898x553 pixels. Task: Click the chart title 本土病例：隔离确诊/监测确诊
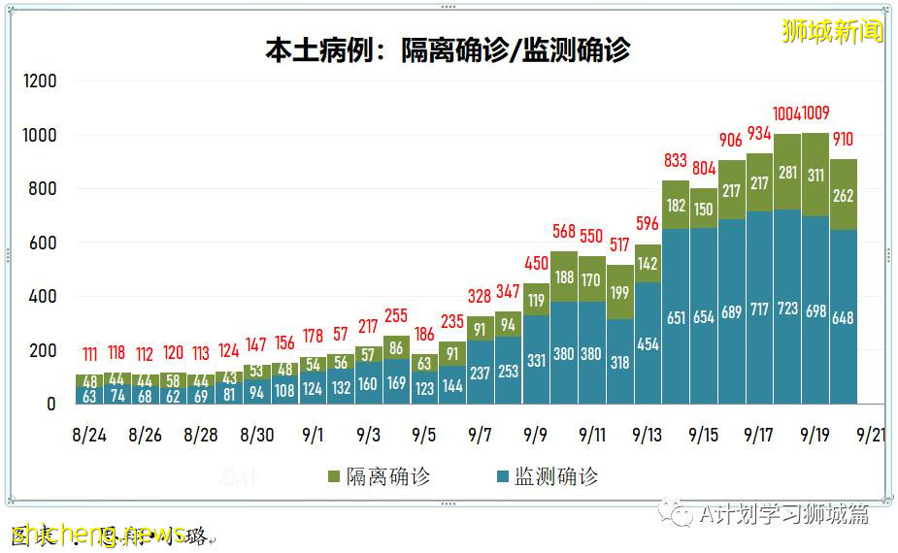(448, 49)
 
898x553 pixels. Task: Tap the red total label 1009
(815, 114)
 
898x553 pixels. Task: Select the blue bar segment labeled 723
(787, 309)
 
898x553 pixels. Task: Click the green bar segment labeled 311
(815, 175)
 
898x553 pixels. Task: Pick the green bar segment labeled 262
(843, 195)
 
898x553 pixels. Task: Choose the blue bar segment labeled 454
(647, 343)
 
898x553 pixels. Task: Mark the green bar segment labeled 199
(619, 292)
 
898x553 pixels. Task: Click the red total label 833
(676, 161)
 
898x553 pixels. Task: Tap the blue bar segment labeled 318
(619, 362)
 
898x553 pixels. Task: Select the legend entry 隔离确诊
(379, 476)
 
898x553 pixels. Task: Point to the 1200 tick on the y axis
(40, 81)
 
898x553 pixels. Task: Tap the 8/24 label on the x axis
(89, 435)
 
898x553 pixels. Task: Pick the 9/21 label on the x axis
(870, 435)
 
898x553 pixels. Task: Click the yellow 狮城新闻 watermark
(832, 31)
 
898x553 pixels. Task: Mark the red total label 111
(89, 353)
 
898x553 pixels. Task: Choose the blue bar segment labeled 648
(843, 317)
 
